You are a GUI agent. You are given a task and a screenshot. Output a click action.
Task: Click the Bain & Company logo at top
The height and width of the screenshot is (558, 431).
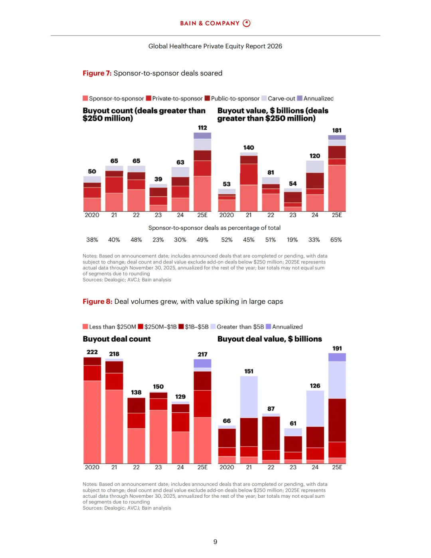coord(215,23)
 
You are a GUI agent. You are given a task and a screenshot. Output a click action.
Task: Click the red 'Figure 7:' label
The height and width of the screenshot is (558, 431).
coord(97,73)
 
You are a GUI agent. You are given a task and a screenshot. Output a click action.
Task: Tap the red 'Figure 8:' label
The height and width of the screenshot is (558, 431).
coord(97,302)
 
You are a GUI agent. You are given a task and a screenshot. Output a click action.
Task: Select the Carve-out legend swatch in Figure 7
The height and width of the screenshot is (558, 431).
coord(264,99)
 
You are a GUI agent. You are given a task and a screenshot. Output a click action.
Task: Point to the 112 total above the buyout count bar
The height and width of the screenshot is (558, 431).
coord(202,128)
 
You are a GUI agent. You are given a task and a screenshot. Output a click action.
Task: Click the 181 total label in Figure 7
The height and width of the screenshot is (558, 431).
coord(337,131)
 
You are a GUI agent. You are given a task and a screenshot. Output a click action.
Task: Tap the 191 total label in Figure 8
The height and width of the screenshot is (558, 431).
coord(337,348)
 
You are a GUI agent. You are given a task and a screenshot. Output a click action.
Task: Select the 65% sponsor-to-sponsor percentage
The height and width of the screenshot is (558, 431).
coord(336,240)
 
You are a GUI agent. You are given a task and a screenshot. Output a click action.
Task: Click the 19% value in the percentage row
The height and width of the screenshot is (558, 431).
coord(292,240)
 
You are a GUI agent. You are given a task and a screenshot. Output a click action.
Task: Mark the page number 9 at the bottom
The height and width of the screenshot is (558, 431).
coord(215,542)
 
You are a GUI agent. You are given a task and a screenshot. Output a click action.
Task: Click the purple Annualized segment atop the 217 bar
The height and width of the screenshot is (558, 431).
coord(202,363)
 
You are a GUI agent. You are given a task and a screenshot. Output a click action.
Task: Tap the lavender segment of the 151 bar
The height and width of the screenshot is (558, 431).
coord(249,397)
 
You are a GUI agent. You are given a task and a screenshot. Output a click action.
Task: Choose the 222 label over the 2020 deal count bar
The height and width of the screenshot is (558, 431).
coord(92,352)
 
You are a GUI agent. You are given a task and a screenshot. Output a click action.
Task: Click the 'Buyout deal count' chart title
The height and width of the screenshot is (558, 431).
coord(117,339)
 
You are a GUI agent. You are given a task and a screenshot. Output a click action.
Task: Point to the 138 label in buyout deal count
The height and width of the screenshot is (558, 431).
coord(136,392)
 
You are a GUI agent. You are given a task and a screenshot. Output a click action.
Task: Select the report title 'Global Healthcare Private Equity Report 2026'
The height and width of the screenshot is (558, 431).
coord(215,46)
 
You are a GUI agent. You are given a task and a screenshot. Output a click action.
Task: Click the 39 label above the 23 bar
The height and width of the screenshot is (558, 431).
coord(158,179)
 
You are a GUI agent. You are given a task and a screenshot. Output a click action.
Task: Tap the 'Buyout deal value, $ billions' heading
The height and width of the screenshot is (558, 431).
coord(269,339)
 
